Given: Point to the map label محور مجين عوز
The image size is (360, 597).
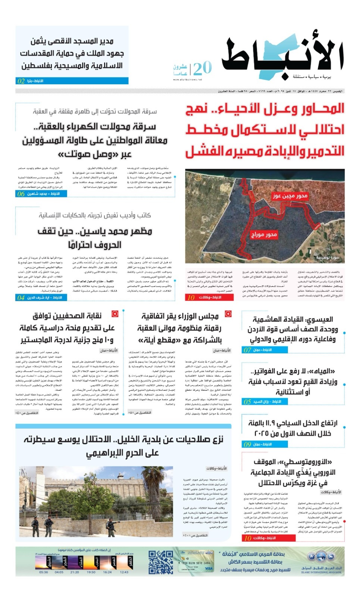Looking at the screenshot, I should point(290,196).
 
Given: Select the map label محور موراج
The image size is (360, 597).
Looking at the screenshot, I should point(264,235).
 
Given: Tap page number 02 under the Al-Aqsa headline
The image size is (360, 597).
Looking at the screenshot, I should point(21,81).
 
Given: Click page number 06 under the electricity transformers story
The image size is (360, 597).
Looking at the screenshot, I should point(21,194).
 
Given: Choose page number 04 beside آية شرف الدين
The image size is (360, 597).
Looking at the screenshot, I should point(21,297).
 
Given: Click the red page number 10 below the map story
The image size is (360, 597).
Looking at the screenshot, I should point(191,297).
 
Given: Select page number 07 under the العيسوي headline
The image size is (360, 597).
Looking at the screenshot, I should point(247,350).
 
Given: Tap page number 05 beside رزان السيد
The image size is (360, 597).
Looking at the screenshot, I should point(247,401).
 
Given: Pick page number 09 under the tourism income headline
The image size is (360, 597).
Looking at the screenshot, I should point(247,444).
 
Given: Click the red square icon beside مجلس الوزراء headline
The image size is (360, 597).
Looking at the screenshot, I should point(228,314).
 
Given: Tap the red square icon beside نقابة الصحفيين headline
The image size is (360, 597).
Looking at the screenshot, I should point(115,314).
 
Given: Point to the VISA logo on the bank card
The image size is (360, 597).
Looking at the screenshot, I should point(209,569).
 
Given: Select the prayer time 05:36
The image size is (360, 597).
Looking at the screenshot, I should point(43,572).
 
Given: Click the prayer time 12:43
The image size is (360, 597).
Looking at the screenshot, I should point(124,572).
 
